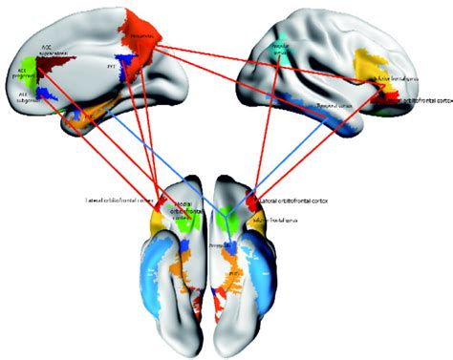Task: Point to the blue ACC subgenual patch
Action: [39, 95]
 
